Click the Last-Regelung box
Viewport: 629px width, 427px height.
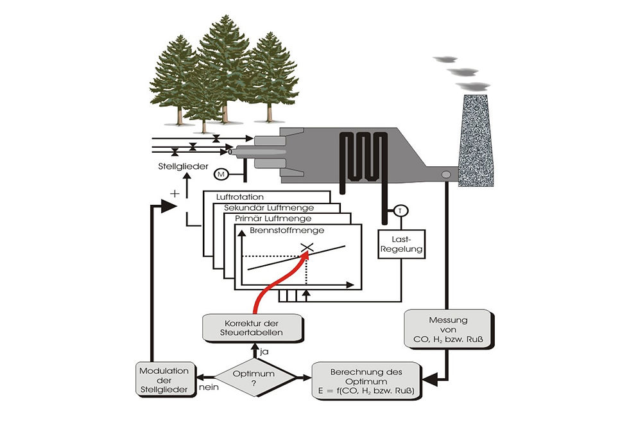pos(402,244)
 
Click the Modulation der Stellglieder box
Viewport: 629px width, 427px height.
pos(164,379)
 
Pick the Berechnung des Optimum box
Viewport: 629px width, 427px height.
pos(366,381)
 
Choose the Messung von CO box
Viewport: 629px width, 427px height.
pos(448,329)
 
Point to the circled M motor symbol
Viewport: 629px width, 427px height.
pos(221,174)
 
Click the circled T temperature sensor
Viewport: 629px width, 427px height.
pos(400,211)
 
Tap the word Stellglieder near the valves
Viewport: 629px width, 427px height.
pos(184,166)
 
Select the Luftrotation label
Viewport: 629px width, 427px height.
pos(240,197)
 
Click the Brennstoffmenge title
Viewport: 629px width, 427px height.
pos(287,231)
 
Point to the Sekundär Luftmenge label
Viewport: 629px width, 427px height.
pos(269,208)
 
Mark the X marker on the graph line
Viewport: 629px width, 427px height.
pos(307,247)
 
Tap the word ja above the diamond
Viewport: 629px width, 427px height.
pos(264,352)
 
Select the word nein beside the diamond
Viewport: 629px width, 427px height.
pos(209,387)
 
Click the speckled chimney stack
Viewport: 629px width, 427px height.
pos(476,141)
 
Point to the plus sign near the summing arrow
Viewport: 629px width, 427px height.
pos(175,194)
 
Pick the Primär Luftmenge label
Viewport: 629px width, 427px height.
pos(273,219)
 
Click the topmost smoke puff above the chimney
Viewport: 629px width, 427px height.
pos(445,59)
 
